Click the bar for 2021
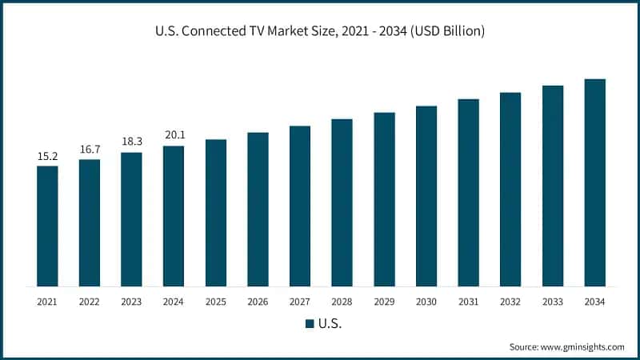pos(47,226)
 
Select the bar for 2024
pos(174,216)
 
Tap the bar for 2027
pos(300,206)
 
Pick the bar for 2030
pos(426,195)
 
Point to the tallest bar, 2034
pos(594,182)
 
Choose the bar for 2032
pos(510,189)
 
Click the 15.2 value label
pos(47,157)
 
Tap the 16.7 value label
pos(90,150)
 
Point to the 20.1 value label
pos(174,136)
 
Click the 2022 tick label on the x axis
pos(90,302)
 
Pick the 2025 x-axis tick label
pos(216,302)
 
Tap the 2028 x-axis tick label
pos(342,302)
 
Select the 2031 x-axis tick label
pos(468,302)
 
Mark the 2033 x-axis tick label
pos(553,302)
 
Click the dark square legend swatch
pos(308,324)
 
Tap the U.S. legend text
pos(330,324)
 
